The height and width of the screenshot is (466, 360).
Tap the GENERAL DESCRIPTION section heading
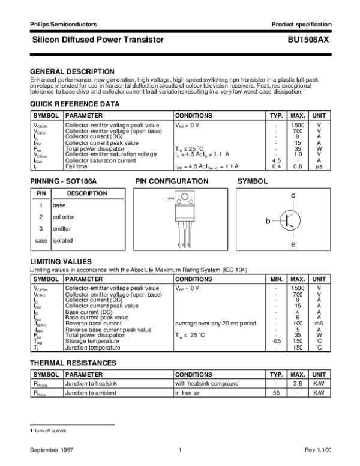click(72, 71)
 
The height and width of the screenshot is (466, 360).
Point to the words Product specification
click(301, 24)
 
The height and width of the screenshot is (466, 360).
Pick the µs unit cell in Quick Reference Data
click(319, 166)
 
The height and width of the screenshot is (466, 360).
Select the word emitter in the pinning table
click(62, 229)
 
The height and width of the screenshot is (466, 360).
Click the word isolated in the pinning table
click(62, 241)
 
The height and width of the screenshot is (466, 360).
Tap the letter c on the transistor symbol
click(293, 196)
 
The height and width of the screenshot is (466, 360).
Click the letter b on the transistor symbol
click(268, 222)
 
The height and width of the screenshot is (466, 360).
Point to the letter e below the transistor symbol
click(293, 245)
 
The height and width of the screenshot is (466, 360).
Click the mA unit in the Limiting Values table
click(319, 324)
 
